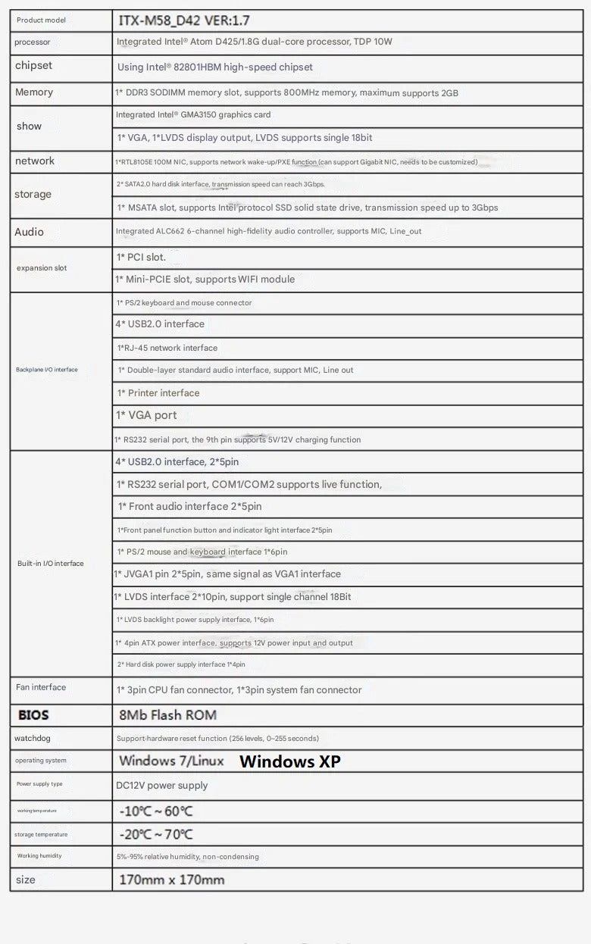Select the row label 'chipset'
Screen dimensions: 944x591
tap(34, 66)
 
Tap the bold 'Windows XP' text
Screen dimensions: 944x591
tap(290, 761)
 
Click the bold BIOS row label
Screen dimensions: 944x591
tap(33, 715)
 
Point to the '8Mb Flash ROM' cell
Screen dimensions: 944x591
tap(167, 715)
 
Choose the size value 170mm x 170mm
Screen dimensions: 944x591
tap(172, 880)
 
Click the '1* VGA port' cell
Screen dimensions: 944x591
tap(146, 415)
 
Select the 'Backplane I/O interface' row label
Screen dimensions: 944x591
tap(47, 370)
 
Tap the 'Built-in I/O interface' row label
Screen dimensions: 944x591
tap(51, 564)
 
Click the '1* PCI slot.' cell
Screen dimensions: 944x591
tap(141, 258)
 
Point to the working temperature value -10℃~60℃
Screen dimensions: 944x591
tap(156, 811)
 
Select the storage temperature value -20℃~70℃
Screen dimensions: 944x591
tap(156, 834)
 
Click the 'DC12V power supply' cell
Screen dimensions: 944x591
tap(161, 786)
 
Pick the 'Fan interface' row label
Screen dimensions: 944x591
tap(41, 687)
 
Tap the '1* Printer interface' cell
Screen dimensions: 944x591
tap(158, 393)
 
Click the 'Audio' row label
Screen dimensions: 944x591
tap(30, 232)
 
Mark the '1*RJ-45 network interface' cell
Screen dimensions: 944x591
tap(167, 348)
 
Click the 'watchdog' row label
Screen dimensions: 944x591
tap(33, 738)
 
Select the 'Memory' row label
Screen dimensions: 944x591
tap(34, 92)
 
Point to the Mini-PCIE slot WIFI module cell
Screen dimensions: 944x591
tap(205, 280)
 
